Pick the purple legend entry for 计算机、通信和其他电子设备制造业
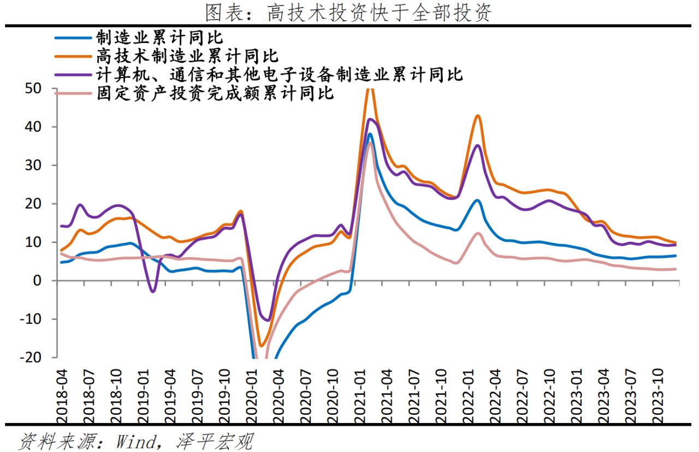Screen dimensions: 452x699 [x=279, y=74]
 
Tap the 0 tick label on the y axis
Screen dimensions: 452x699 [x=46, y=281]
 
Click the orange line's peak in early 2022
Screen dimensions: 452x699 [x=478, y=115]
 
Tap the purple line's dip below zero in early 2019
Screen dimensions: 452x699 [x=153, y=292]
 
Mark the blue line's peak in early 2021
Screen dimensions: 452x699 [x=370, y=134]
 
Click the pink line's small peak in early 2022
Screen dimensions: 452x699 [x=478, y=233]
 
